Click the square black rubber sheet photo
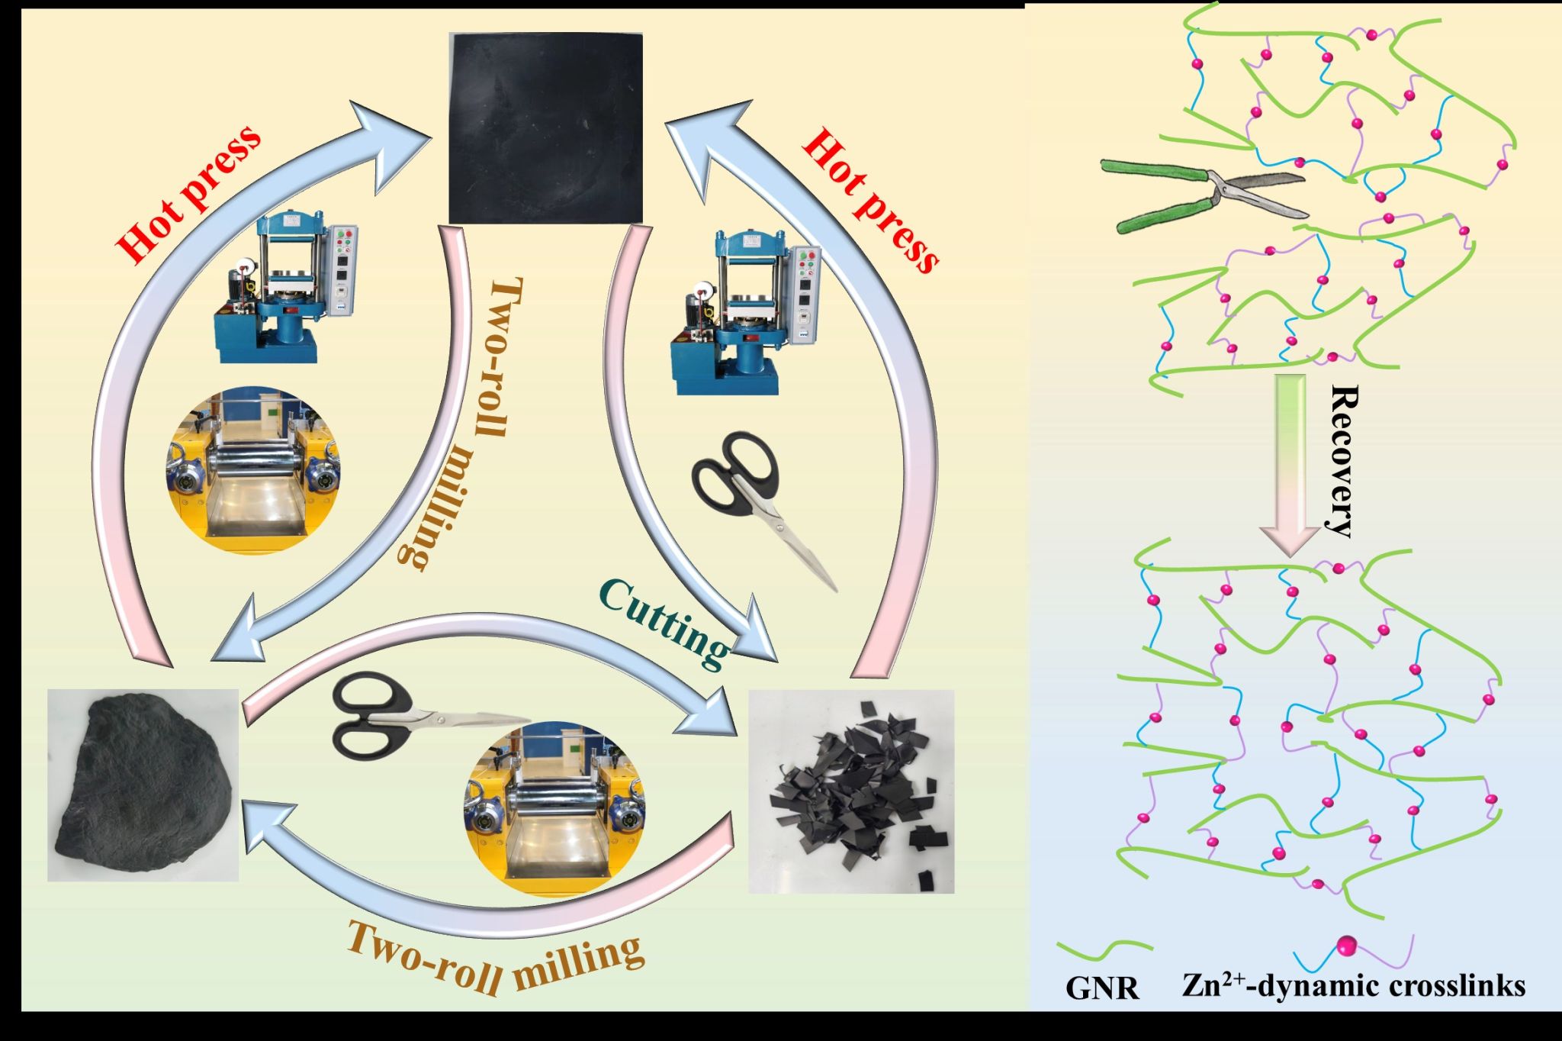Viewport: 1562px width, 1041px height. (x=545, y=127)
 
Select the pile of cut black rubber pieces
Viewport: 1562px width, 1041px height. (x=850, y=794)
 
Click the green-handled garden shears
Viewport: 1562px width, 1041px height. (x=1205, y=195)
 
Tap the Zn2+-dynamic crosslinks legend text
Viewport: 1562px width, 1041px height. (x=1354, y=985)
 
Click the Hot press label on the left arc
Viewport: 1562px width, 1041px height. (x=191, y=195)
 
